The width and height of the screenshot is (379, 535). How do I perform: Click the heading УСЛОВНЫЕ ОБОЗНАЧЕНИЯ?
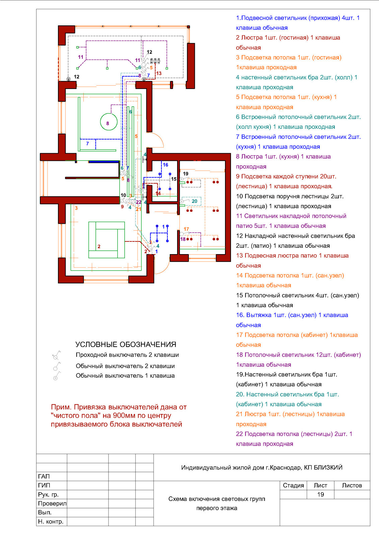tap(126, 344)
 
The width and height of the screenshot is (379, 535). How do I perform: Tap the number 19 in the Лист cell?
tap(320, 495)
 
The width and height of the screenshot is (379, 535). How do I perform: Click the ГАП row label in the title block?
tap(44, 476)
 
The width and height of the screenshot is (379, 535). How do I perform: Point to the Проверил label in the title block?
tap(52, 504)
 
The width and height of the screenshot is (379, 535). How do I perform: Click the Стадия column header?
tap(293, 485)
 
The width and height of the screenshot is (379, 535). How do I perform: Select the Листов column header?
tap(352, 485)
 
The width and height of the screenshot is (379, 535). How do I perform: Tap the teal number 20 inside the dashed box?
tap(195, 201)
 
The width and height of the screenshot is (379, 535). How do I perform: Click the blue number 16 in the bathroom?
tap(165, 165)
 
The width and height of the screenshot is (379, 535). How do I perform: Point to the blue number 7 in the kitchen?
tap(87, 143)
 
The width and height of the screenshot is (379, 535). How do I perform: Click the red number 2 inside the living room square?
tap(99, 246)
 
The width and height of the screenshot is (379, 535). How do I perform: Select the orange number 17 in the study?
tap(186, 229)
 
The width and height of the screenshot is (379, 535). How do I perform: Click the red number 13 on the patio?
tap(159, 73)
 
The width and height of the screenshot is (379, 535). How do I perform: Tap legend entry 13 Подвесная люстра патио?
tap(292, 260)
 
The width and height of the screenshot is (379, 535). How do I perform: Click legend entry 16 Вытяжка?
tap(292, 320)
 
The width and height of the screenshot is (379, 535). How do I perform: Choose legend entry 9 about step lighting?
tap(286, 181)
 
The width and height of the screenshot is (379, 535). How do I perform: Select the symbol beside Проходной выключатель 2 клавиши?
tap(56, 355)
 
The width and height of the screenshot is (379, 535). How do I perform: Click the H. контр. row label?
tap(51, 522)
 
